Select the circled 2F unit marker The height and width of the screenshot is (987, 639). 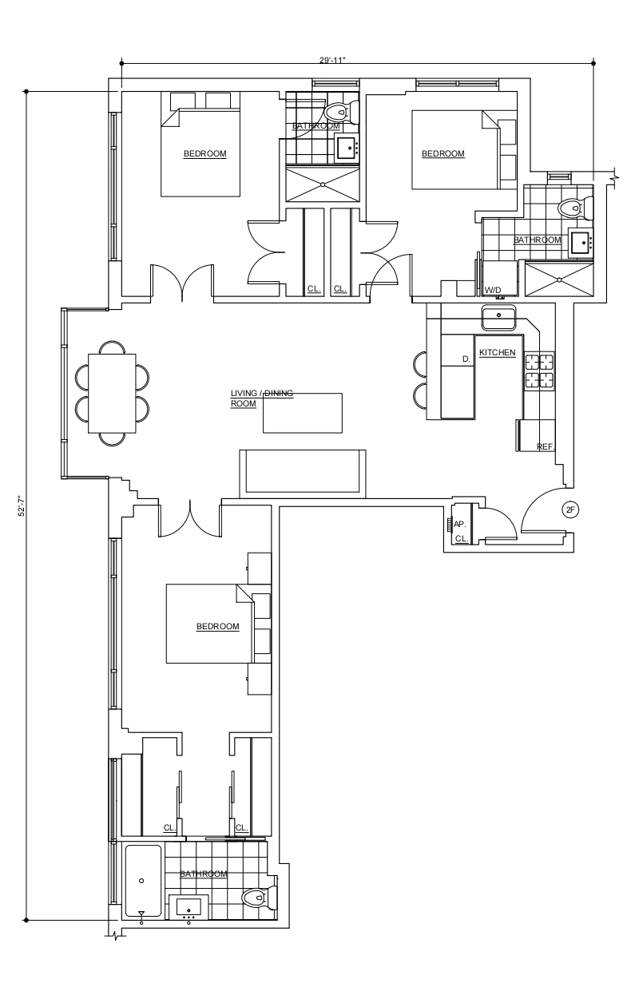570,509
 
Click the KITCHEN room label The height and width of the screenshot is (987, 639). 497,352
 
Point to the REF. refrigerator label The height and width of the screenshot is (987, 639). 546,447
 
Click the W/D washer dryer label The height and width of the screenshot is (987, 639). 493,291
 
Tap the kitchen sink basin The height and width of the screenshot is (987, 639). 498,317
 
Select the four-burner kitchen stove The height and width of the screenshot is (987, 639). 539,371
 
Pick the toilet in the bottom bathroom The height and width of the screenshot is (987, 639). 259,896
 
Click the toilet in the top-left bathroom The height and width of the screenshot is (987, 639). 343,112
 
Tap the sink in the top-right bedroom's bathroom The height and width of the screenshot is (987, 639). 581,242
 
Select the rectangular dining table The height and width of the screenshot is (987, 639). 112,394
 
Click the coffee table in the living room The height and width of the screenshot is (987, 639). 302,413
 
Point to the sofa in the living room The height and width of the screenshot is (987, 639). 302,474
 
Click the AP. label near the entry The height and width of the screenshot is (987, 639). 459,525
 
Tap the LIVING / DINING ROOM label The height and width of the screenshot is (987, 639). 262,398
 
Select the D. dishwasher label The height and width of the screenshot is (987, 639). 466,359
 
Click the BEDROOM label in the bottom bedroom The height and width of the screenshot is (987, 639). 218,627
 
